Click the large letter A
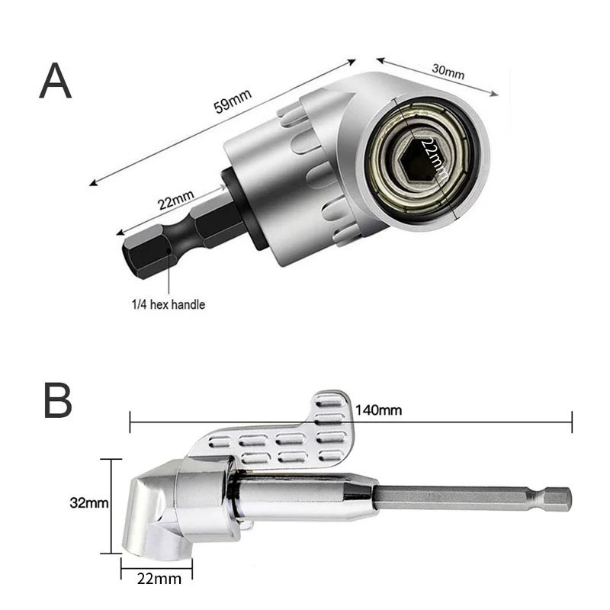coord(55,81)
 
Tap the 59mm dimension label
coord(233,101)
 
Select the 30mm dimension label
coord(448,71)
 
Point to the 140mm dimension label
coord(378,410)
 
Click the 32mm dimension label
coord(89,502)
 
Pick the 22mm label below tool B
coord(159,579)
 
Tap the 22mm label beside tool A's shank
coord(175,200)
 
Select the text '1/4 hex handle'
coord(168,304)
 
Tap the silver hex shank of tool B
coord(473,499)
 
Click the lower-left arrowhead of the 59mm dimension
coord(94,182)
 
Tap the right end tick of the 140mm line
coord(572,422)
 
